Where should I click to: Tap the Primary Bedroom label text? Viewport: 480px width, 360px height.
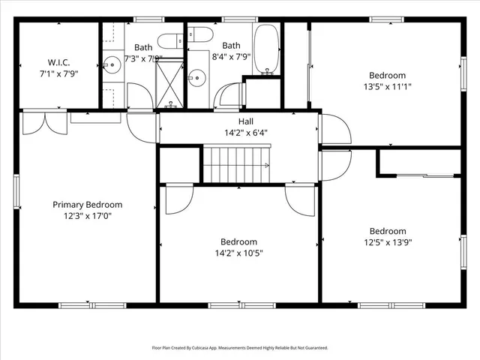87,205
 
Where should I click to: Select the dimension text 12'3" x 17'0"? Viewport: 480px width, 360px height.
87,216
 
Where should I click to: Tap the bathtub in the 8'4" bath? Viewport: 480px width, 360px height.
266,48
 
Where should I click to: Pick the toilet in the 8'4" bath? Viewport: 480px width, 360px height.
197,33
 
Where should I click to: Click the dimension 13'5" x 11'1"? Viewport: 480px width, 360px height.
387,86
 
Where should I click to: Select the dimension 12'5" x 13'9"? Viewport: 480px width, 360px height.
388,242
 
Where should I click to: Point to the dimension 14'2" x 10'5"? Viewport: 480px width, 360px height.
238,253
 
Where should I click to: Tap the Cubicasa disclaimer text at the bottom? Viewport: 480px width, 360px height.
240,348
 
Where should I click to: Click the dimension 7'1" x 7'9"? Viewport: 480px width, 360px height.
58,73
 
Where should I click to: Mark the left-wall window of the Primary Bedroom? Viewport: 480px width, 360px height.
16,192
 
